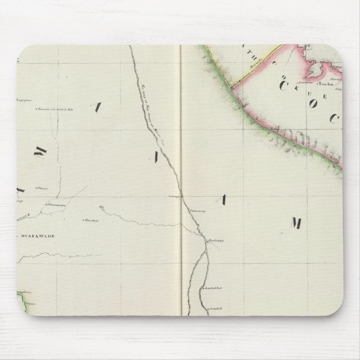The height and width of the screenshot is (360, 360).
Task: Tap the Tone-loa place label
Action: pos(326,86)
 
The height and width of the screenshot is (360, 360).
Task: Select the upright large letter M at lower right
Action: pos(296,224)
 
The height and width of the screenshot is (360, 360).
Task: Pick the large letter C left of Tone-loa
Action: pos(282,86)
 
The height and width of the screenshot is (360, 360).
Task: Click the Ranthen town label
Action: pos(92,220)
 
